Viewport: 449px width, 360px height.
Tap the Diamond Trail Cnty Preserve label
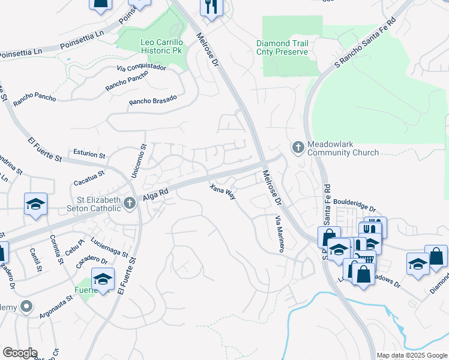(x=282, y=48)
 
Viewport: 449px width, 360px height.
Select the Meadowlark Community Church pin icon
(x=298, y=147)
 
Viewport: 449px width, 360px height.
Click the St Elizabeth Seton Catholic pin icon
(x=128, y=204)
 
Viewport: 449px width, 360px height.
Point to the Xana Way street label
(x=222, y=191)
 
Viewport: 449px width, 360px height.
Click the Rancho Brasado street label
(x=153, y=101)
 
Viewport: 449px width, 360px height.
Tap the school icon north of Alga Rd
(x=35, y=204)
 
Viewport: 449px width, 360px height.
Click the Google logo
(x=20, y=353)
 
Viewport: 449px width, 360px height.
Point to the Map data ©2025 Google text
(x=411, y=355)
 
